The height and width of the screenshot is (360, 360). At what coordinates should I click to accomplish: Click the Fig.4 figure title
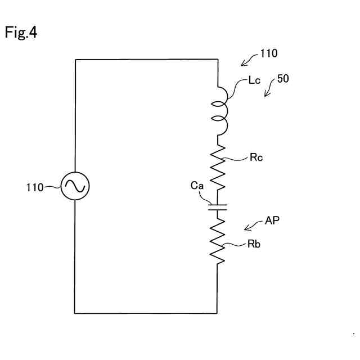point(21,33)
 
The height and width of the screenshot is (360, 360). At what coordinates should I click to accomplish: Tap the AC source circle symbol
point(75,186)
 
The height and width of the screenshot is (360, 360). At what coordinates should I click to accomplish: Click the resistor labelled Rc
point(218,167)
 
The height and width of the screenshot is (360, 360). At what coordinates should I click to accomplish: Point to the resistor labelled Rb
point(218,240)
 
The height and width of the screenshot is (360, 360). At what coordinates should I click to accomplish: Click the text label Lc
point(255,81)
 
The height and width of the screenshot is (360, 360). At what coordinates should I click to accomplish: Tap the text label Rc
point(256,157)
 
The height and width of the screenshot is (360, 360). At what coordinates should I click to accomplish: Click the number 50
point(283,79)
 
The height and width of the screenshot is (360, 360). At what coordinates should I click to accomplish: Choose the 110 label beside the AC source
point(34,187)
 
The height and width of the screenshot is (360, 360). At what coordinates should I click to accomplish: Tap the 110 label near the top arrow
point(268,54)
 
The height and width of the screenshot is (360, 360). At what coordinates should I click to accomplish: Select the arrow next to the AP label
point(252,226)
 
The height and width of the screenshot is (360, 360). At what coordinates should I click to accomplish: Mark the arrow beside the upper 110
point(247,60)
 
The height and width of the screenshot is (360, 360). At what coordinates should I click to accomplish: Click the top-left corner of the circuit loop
point(75,60)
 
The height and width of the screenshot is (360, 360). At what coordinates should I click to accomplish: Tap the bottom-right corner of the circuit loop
point(217,313)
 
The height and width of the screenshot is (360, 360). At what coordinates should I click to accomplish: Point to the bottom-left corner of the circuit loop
point(75,313)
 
